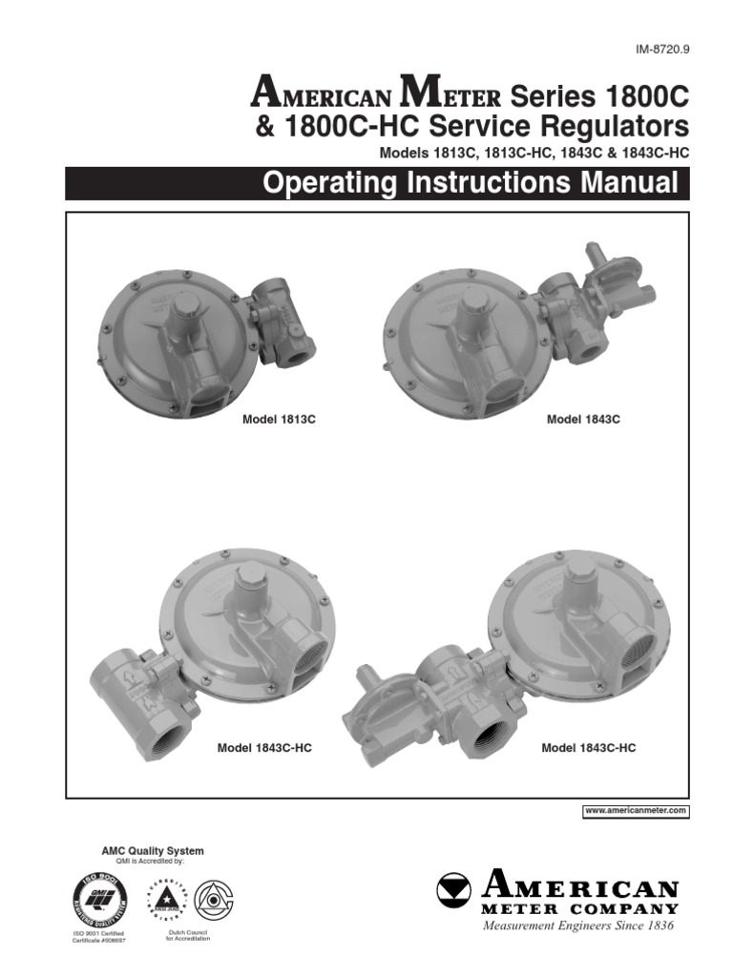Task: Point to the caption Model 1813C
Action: click(x=274, y=419)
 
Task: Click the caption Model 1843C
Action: click(x=583, y=419)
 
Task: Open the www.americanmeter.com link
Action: click(x=636, y=810)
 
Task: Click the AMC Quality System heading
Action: click(x=153, y=850)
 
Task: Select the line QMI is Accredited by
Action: click(x=150, y=861)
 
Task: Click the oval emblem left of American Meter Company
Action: click(x=456, y=891)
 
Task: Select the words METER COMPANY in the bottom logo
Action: click(x=581, y=909)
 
